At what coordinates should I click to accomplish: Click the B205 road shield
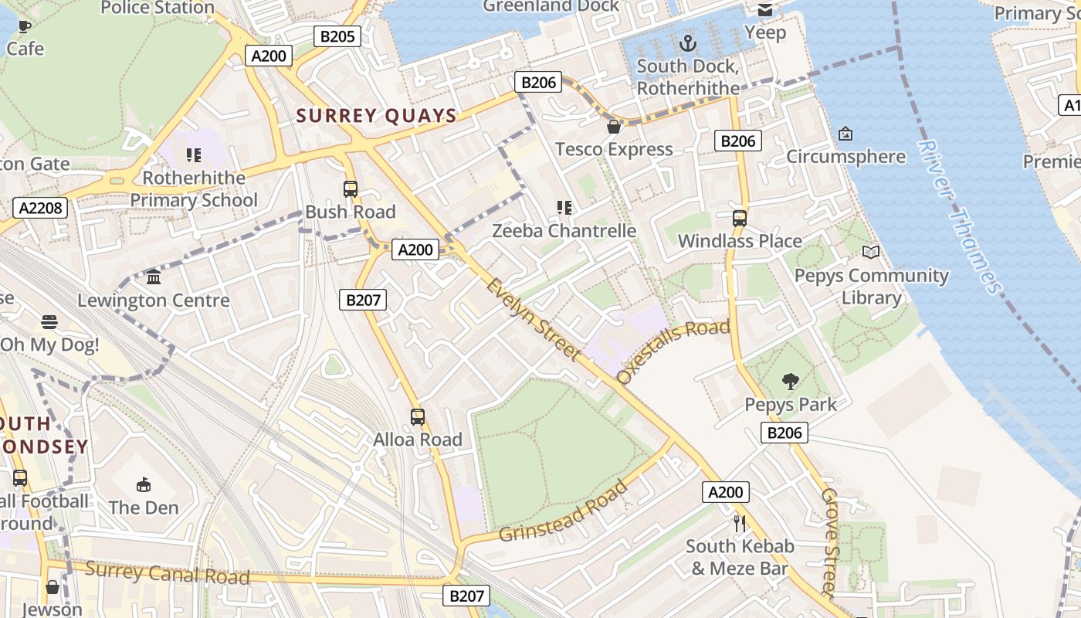pyautogui.click(x=337, y=36)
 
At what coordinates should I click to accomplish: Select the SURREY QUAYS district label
pyautogui.click(x=377, y=116)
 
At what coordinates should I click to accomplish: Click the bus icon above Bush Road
pyautogui.click(x=351, y=188)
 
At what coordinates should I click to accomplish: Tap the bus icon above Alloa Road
pyautogui.click(x=418, y=416)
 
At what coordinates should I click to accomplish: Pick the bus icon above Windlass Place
pyautogui.click(x=739, y=218)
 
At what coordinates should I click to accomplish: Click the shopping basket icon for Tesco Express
pyautogui.click(x=614, y=126)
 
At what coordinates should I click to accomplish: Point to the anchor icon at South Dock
pyautogui.click(x=687, y=42)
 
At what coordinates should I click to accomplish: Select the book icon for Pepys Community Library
pyautogui.click(x=871, y=252)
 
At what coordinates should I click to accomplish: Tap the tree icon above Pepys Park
pyautogui.click(x=789, y=380)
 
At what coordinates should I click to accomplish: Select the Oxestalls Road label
pyautogui.click(x=673, y=351)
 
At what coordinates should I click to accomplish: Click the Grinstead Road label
pyautogui.click(x=563, y=511)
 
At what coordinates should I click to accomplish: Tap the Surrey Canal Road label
pyautogui.click(x=167, y=573)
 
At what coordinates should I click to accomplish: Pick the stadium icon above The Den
pyautogui.click(x=144, y=484)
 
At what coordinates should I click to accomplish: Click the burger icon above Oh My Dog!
pyautogui.click(x=49, y=321)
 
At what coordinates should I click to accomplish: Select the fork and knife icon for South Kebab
pyautogui.click(x=740, y=523)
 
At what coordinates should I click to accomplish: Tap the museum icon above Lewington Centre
pyautogui.click(x=154, y=277)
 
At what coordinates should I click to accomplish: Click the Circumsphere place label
pyautogui.click(x=845, y=157)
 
